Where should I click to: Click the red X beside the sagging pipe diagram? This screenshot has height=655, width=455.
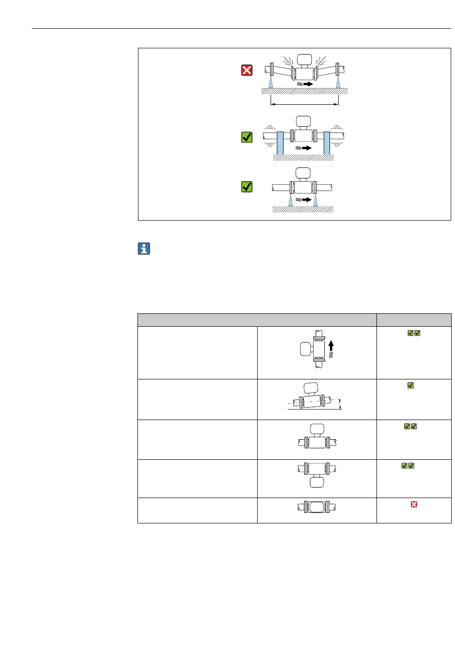(247, 71)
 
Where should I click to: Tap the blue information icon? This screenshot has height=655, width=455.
(144, 249)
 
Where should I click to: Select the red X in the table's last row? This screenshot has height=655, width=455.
(414, 504)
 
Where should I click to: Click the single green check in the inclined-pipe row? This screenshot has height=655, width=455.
(410, 385)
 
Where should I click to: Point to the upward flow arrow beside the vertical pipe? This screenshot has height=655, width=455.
(331, 346)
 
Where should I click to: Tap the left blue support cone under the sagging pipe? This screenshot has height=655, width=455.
(271, 82)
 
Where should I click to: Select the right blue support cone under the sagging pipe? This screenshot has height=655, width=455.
(338, 82)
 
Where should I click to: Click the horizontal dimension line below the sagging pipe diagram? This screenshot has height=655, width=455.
(305, 104)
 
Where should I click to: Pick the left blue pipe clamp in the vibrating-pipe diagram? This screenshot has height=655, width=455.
(280, 142)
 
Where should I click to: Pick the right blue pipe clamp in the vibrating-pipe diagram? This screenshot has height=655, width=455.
(327, 142)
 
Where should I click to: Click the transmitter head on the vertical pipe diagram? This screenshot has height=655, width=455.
(306, 349)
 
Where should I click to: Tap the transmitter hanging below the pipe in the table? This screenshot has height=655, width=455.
(317, 482)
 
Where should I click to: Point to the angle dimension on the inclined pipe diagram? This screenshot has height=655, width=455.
(341, 404)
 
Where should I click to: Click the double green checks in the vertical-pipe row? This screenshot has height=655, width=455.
(414, 333)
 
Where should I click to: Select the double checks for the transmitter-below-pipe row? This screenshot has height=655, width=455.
(408, 466)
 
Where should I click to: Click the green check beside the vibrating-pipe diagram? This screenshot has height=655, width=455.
(247, 138)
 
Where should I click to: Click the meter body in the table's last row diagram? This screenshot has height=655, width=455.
(317, 507)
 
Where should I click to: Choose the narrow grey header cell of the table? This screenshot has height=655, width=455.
(414, 320)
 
